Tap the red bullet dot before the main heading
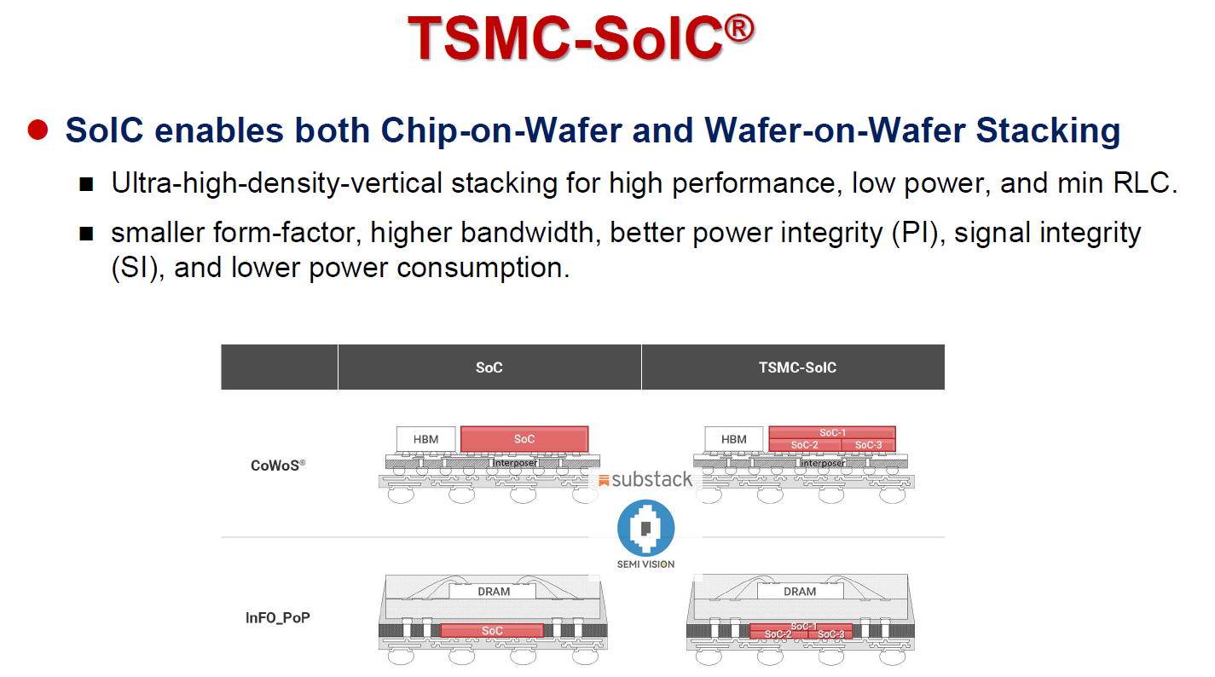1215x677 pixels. click(38, 130)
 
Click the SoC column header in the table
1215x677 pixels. click(489, 367)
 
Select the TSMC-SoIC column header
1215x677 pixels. click(797, 367)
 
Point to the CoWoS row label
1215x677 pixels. click(278, 466)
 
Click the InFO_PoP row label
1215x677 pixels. click(278, 617)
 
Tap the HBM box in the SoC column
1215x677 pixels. click(425, 439)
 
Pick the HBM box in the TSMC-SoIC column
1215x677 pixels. click(733, 439)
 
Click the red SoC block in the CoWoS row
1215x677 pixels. click(524, 439)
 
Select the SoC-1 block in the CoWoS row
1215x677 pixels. click(831, 432)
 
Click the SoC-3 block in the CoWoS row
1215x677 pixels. click(868, 445)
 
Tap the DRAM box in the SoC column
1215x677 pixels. click(493, 591)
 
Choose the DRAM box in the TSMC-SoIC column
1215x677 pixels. click(800, 591)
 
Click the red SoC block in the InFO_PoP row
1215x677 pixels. click(492, 631)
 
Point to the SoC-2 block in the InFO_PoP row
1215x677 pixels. click(778, 634)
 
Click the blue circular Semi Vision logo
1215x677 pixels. click(645, 528)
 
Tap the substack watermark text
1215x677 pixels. click(651, 479)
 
